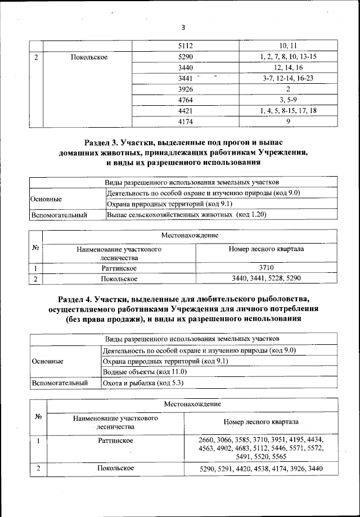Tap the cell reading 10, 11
(x=287, y=46)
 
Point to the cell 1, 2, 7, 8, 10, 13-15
(x=288, y=57)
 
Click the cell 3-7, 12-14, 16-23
(x=288, y=78)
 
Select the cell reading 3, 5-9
(x=288, y=100)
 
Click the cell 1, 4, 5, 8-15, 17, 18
(x=288, y=111)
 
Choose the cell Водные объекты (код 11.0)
(x=145, y=372)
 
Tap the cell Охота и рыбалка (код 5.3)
(x=143, y=383)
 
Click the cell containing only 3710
(x=267, y=268)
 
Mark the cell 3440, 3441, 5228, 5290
(x=267, y=278)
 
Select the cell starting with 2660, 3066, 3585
(x=261, y=448)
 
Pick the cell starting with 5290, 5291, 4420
(x=261, y=469)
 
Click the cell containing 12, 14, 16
(x=288, y=68)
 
